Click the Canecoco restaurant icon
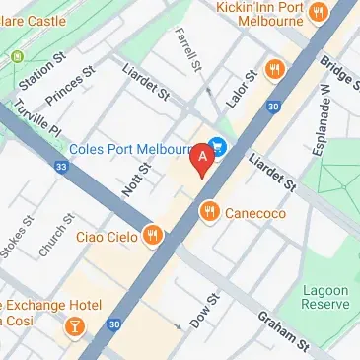208,211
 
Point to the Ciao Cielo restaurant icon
151,236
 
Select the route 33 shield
61,167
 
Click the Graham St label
282,329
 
